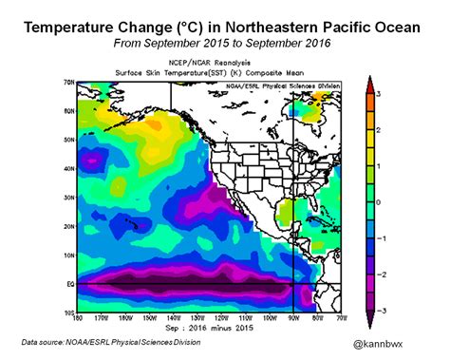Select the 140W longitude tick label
(172, 317)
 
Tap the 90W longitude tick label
(292, 317)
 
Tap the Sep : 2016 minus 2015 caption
(208, 326)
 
